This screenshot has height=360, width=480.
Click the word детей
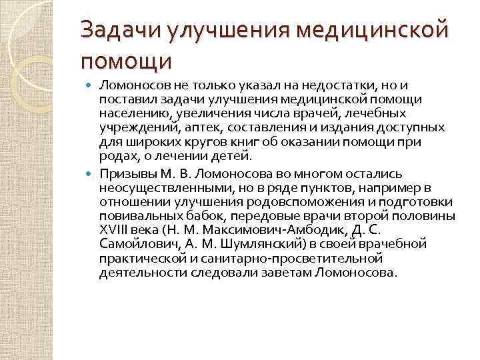click(x=233, y=157)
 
